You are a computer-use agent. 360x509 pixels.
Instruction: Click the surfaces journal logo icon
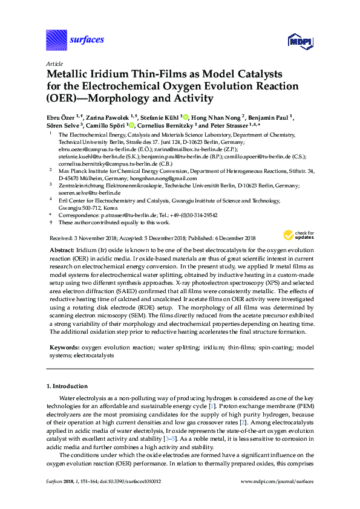(56, 41)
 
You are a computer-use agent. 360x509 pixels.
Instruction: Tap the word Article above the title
(54, 63)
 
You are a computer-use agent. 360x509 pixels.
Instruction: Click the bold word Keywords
(64, 348)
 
